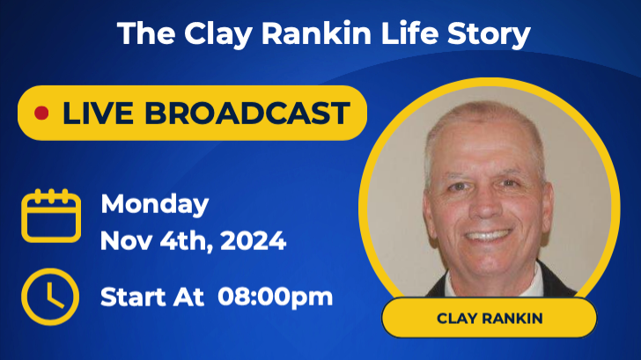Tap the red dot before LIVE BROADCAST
[x=41, y=114]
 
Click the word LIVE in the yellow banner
[x=94, y=114]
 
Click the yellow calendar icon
[x=51, y=217]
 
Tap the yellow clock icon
[x=50, y=296]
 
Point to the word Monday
[x=155, y=204]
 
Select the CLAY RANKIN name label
[x=489, y=318]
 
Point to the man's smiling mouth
[x=488, y=236]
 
